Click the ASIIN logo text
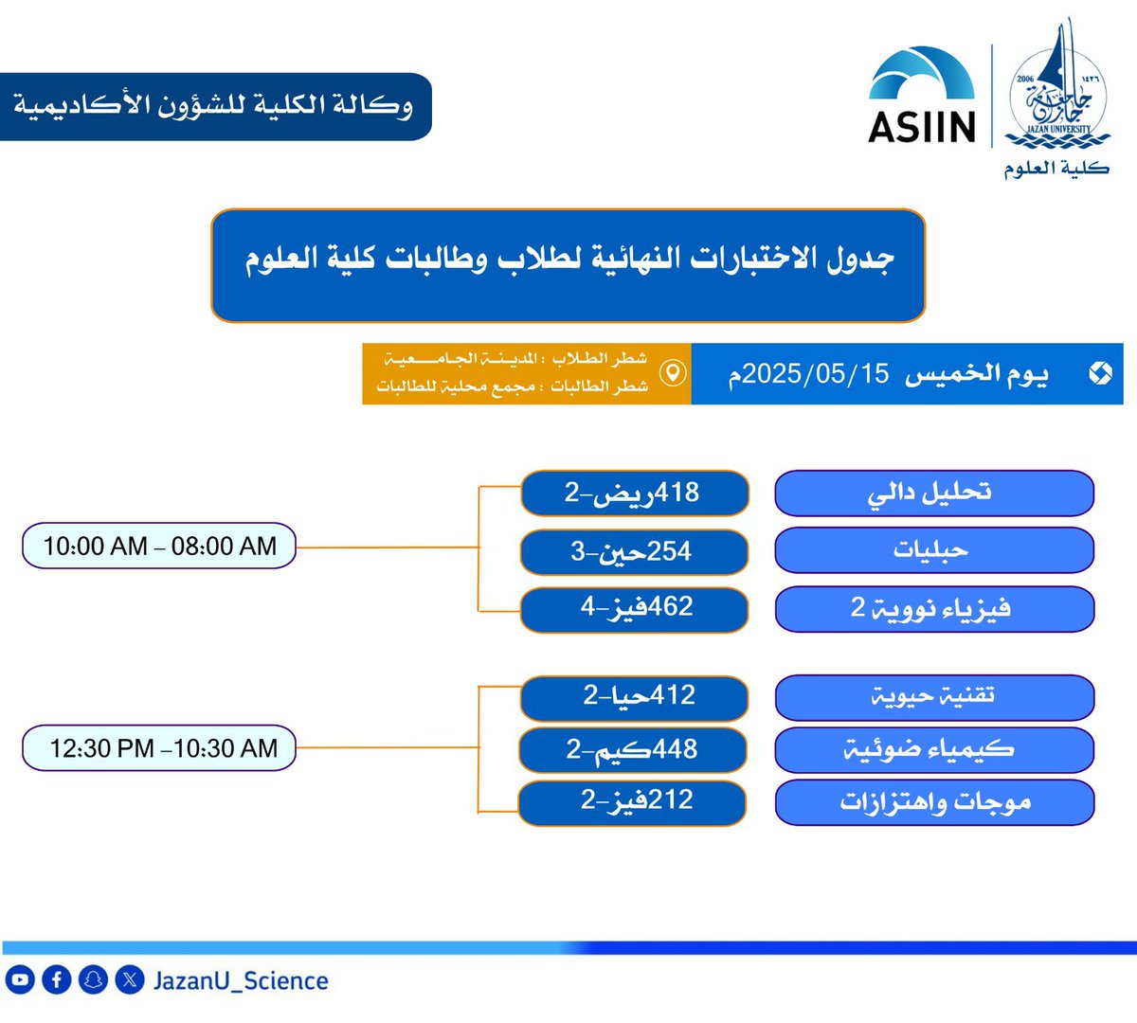pos(921,127)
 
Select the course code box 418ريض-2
pos(634,494)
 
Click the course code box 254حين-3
pos(634,551)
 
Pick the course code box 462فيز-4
pos(634,607)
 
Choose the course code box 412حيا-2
pos(634,696)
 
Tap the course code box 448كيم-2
pos(632,749)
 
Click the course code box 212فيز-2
pos(632,801)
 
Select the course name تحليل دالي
pos(933,494)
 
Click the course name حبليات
pos(933,550)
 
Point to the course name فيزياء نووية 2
pos(933,608)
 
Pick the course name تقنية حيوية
pos(933,697)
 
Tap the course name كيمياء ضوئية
pos(933,750)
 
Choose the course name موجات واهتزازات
pos(933,802)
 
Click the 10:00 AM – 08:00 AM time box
pos(159,547)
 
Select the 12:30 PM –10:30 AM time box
pos(159,748)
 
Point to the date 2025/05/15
pos(815,374)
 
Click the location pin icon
pos(672,373)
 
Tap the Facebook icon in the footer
pos(56,979)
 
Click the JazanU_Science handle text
pos(241,980)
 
